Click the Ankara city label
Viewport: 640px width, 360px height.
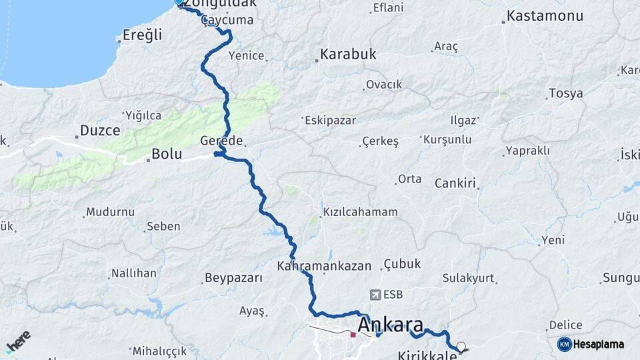coord(391,325)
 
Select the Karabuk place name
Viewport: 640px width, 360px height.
coord(348,55)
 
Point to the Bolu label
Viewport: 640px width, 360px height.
coord(167,154)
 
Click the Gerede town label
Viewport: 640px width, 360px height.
coord(221,141)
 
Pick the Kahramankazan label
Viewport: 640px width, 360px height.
coord(324,265)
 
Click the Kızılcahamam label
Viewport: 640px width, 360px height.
coord(360,212)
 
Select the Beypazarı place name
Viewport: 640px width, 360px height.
coord(233,278)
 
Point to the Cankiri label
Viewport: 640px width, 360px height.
coord(457,183)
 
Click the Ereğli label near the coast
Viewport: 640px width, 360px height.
coord(142,35)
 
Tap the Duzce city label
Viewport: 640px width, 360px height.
coord(100,129)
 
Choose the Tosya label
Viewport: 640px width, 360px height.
coord(565,93)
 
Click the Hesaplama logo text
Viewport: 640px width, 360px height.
coord(598,344)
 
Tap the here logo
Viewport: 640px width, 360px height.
coord(18,341)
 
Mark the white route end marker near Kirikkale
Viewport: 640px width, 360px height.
coord(461,347)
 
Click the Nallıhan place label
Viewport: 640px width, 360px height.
coord(133,273)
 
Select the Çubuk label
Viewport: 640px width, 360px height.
coord(402,264)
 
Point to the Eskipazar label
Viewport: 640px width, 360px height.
coord(330,121)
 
